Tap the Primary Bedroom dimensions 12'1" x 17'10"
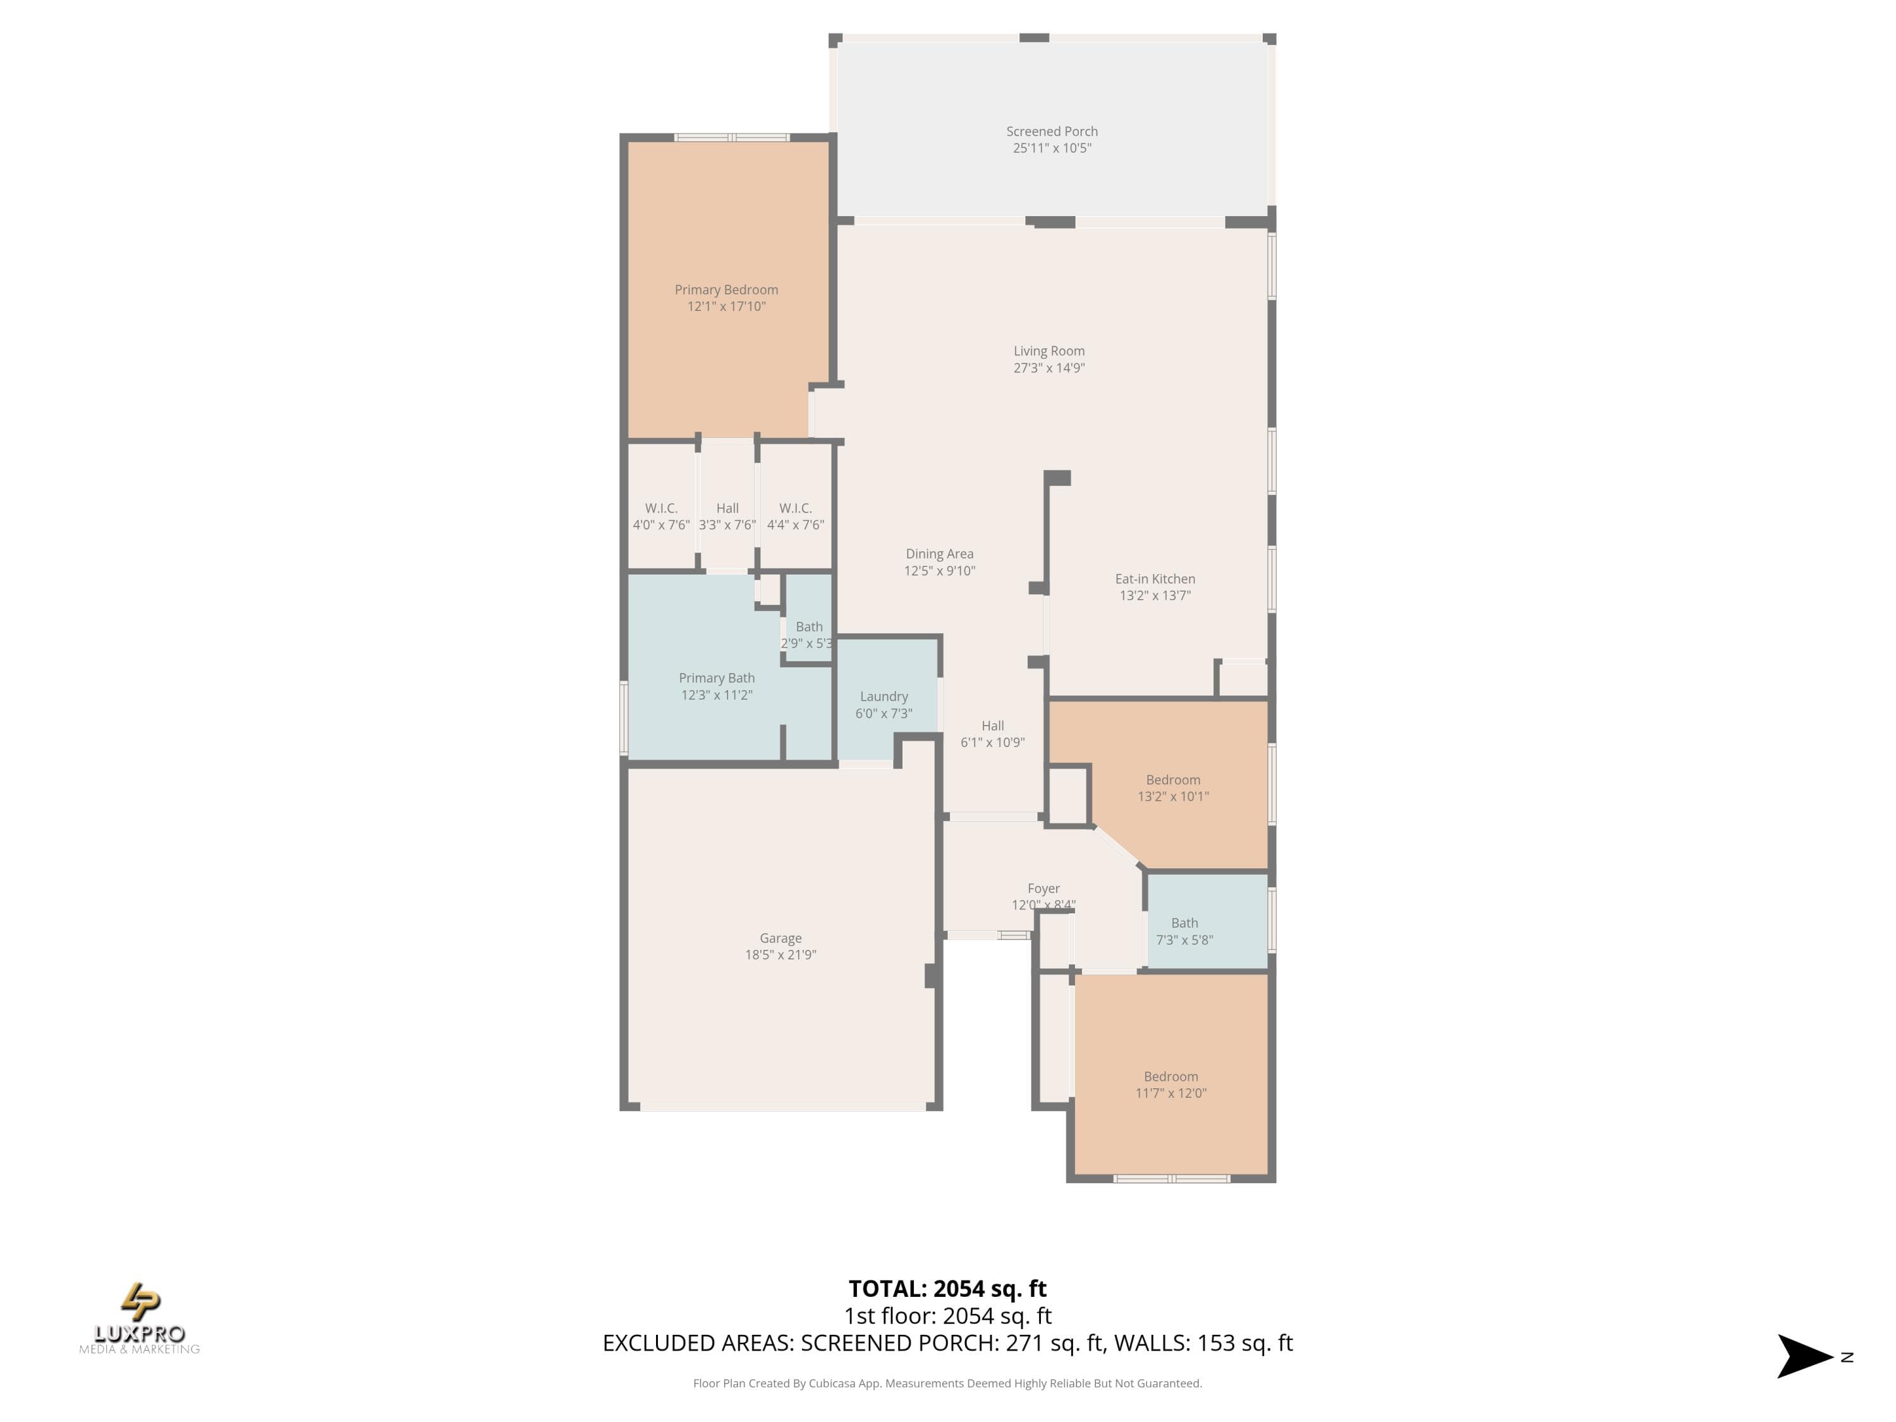click(726, 306)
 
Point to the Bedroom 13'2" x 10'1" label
click(1172, 787)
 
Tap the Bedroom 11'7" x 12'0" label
click(1171, 1085)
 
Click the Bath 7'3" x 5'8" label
click(1184, 931)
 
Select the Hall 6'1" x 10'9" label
click(993, 734)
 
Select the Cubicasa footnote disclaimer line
click(947, 1383)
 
